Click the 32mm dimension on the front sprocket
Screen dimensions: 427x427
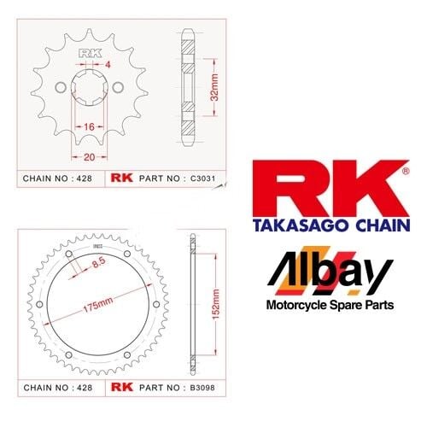[214, 87]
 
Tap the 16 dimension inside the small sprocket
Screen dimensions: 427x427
[89, 126]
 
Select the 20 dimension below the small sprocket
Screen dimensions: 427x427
[89, 157]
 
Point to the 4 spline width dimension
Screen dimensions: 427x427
[108, 65]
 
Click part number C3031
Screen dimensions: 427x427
[202, 178]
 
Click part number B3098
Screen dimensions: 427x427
[202, 388]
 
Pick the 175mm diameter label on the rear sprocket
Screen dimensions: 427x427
[97, 305]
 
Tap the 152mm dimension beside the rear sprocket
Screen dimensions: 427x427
[216, 304]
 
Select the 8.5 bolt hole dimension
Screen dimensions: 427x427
[98, 263]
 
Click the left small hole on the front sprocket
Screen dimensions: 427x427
[61, 88]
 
